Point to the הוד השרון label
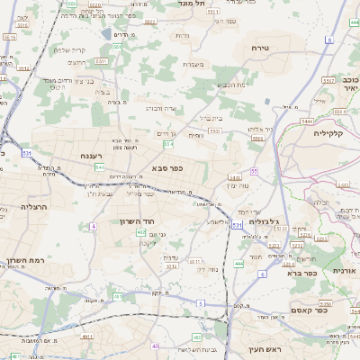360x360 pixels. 138,220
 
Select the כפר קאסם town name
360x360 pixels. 309,317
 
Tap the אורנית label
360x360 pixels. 345,270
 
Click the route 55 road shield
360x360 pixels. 255,170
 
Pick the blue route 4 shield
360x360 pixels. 94,226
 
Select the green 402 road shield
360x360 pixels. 140,232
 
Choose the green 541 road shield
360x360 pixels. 100,167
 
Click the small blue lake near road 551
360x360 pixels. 107,34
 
